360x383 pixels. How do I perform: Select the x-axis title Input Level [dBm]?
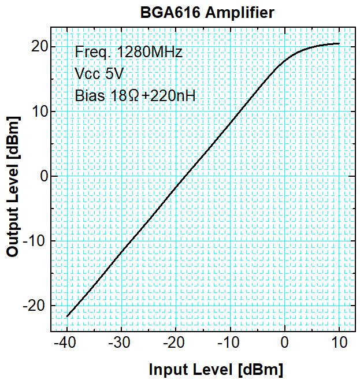coord(216,370)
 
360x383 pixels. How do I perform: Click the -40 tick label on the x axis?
coord(67,343)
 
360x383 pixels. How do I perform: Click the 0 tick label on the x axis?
coord(284,343)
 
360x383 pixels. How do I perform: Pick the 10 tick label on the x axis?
coord(339,343)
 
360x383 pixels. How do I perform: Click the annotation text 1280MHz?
coord(150,52)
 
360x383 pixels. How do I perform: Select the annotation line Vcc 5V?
coord(99,74)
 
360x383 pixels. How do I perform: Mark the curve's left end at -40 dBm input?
coord(68,316)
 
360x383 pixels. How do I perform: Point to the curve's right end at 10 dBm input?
coord(339,43)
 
